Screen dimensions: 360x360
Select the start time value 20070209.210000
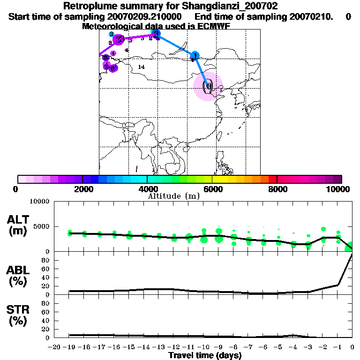pyautogui.click(x=141, y=16)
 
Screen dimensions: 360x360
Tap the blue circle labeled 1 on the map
pyautogui.click(x=195, y=55)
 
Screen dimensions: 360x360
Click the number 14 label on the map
pyautogui.click(x=142, y=67)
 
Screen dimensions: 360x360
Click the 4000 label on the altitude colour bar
pyautogui.click(x=147, y=189)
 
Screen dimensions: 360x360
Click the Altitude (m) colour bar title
pyautogui.click(x=173, y=196)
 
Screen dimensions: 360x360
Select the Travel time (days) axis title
pyautogui.click(x=205, y=356)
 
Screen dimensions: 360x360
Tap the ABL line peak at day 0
pyautogui.click(x=352, y=255)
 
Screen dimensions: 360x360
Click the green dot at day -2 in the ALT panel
pyautogui.click(x=323, y=229)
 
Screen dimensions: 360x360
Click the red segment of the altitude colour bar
pyautogui.click(x=273, y=179)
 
